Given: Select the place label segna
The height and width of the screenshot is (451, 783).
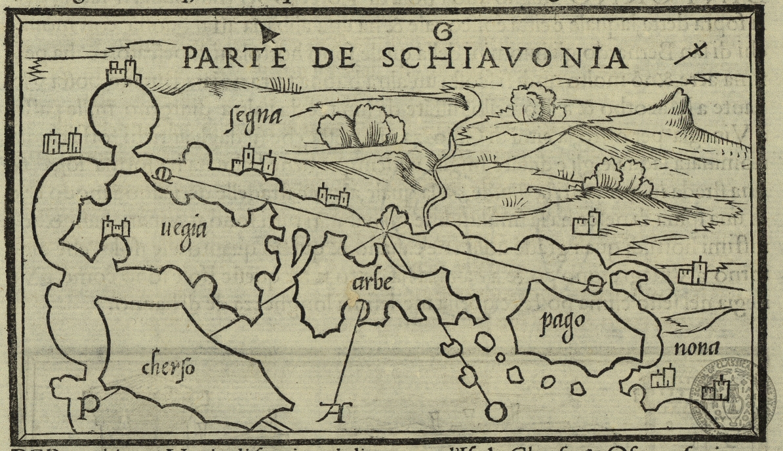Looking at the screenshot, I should [x=256, y=116].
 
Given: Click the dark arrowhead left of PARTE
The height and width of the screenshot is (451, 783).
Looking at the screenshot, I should [x=270, y=31].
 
